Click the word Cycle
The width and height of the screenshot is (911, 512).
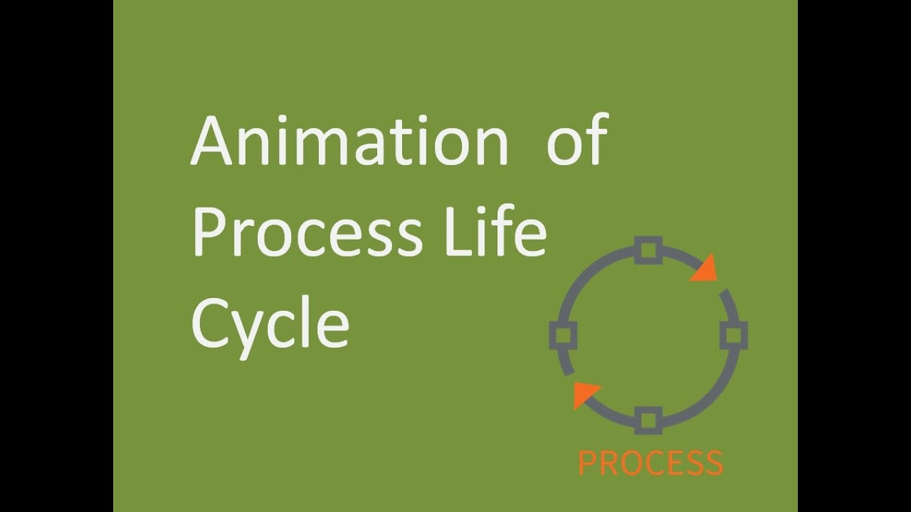270,324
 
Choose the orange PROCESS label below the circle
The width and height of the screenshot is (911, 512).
651,463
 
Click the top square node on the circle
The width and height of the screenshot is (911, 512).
647,250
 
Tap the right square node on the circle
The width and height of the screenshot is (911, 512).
733,335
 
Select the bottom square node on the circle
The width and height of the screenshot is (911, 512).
648,420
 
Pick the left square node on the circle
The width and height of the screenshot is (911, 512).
563,335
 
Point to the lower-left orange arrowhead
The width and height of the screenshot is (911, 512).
585,394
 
